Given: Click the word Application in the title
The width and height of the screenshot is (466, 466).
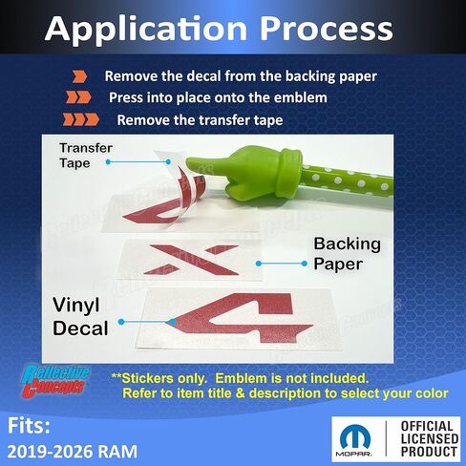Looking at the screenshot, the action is click(146, 30).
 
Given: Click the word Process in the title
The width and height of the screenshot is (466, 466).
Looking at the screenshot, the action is click(327, 29).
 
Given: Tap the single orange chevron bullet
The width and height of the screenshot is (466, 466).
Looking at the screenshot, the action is click(79, 77).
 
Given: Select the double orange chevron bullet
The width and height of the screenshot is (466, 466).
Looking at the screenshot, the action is click(78, 97).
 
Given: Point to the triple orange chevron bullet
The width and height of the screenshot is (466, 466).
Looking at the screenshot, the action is click(81, 119).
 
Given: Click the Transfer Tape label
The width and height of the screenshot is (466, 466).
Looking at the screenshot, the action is click(86, 156).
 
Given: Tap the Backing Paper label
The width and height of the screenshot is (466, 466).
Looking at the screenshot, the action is click(347, 254).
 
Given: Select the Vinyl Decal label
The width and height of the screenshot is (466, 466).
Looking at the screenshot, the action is click(80, 316).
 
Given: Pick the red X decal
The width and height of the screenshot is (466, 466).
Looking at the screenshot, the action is click(191, 260).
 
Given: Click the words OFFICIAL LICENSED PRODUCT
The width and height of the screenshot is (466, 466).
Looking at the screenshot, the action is click(429, 438).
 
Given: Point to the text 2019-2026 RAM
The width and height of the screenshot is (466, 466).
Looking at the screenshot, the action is click(73, 452).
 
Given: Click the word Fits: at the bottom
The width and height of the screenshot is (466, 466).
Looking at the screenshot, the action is click(29, 426).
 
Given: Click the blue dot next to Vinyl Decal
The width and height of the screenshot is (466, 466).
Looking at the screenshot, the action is click(121, 322).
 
